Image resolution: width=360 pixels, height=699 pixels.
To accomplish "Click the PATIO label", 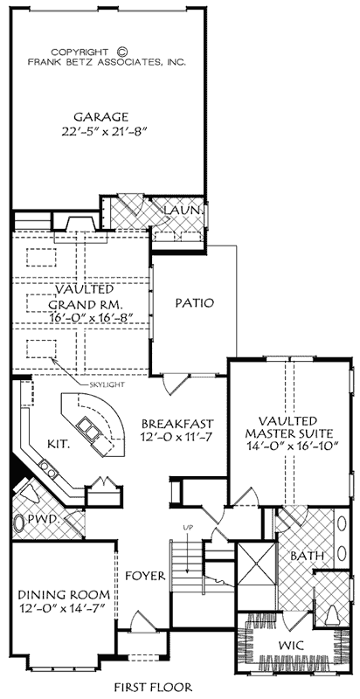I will (193, 303).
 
